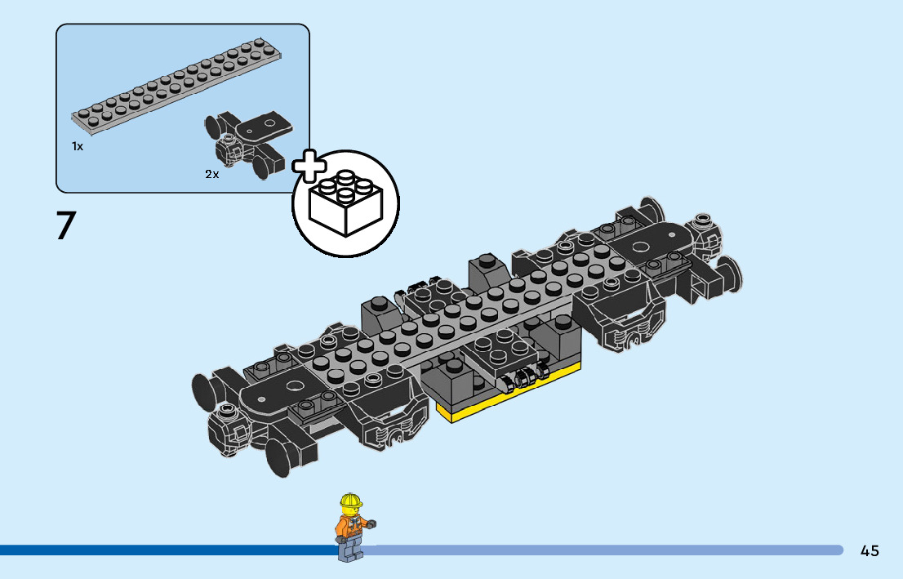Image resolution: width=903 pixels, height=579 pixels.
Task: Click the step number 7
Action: (x=65, y=225)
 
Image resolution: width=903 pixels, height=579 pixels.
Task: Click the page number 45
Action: (x=870, y=550)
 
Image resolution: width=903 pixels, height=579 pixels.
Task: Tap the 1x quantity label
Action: (x=78, y=146)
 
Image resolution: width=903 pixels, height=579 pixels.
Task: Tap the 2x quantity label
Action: (x=212, y=174)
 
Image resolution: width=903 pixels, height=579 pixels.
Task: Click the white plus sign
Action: (x=309, y=167)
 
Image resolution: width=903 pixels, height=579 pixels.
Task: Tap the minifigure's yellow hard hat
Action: (x=351, y=501)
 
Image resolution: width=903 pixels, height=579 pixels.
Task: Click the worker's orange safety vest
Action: (x=350, y=524)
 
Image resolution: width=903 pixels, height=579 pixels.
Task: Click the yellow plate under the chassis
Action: (x=510, y=400)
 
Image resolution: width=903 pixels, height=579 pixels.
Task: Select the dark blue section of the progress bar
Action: (x=163, y=550)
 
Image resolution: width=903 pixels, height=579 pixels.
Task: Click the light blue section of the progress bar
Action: (x=604, y=550)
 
